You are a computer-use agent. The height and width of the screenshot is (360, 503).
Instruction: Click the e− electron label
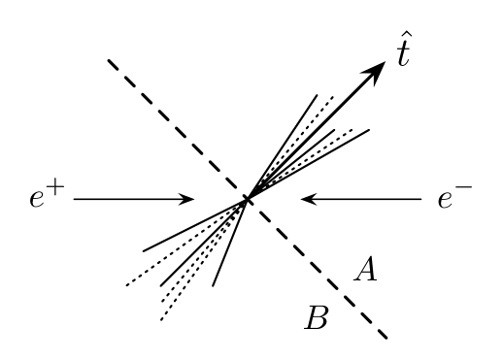coord(453,201)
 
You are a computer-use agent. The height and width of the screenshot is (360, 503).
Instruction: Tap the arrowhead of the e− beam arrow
coord(307,200)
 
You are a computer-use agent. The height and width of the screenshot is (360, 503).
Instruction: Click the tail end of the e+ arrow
coord(76,200)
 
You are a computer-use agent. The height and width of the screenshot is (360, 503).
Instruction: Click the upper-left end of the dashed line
coord(109,61)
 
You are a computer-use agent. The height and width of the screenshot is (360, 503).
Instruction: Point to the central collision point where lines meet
coord(249,199)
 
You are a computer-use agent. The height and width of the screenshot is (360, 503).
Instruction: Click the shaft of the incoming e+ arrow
coord(131,200)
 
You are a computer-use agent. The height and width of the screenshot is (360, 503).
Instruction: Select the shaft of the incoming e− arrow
coord(364,200)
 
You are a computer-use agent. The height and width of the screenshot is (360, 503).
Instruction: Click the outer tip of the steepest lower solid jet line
coord(213,286)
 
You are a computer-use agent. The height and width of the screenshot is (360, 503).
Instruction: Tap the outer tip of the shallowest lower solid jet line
coord(144,250)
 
